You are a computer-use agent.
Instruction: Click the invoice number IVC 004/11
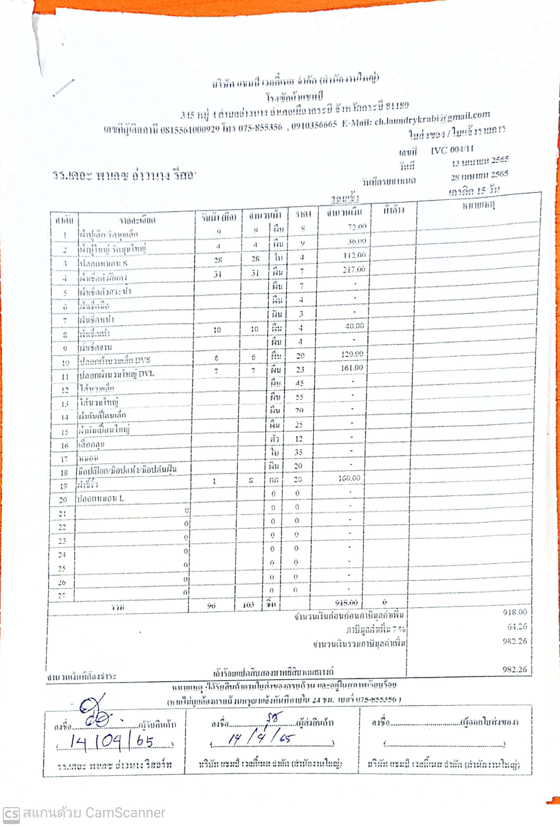point(452,150)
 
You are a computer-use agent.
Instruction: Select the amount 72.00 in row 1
point(357,227)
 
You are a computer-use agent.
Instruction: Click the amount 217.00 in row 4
point(354,269)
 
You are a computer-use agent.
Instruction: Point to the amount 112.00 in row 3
point(355,255)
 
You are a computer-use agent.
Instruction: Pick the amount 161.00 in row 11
point(352,368)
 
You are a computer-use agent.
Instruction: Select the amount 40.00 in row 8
point(355,326)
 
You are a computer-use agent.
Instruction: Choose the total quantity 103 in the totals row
point(248,605)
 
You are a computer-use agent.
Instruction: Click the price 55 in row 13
point(299,397)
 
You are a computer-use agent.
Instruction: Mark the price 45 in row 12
point(300,383)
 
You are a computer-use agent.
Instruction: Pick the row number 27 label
point(62,596)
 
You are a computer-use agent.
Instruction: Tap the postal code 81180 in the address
point(397,106)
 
